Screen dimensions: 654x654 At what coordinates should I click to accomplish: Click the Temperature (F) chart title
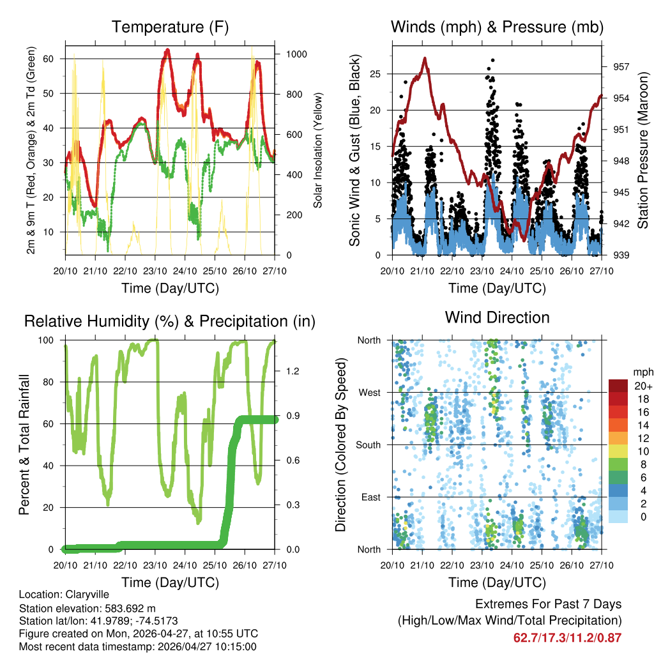170,27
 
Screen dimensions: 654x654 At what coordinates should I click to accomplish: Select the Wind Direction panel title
497,317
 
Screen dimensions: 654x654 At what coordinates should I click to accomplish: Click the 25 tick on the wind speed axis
376,74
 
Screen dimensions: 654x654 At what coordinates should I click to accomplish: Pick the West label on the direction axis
369,392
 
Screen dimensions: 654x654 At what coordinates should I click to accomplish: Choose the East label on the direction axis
370,497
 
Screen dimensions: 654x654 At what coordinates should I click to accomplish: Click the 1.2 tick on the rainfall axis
287,370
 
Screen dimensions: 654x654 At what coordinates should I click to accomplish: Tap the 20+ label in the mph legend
643,386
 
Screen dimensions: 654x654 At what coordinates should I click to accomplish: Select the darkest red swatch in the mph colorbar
618,386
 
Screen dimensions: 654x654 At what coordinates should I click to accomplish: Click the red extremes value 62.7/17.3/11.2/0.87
567,637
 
